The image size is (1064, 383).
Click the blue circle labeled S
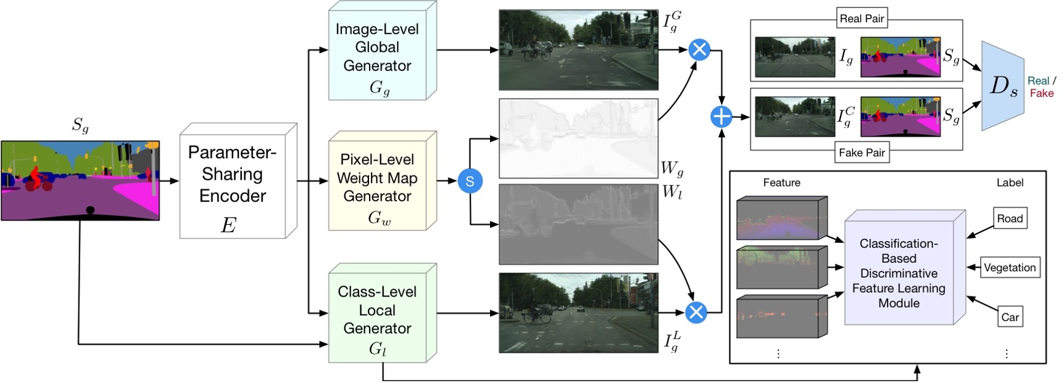pos(470,181)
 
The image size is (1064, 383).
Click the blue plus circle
pos(721,116)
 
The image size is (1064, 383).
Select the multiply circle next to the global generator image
pos(699,49)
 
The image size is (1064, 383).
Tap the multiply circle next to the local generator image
pos(696,313)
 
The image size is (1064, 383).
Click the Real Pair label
pos(862,18)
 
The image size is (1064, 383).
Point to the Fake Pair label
pos(862,153)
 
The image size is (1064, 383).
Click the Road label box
pos(1010,219)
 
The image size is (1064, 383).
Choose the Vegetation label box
pos(1010,267)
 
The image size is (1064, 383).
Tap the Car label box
pos(1010,317)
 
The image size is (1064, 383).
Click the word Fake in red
pos(1042,93)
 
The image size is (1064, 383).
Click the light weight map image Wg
pos(578,139)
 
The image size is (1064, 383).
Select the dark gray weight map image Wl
pos(578,224)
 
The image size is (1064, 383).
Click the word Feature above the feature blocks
pos(781,183)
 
